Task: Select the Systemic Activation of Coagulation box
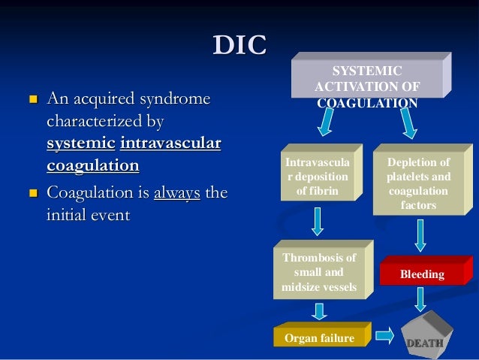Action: [367, 83]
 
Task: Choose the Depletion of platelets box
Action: [417, 181]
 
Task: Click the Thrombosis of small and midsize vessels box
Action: [318, 271]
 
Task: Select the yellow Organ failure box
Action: [319, 338]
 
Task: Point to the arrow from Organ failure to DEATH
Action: [384, 333]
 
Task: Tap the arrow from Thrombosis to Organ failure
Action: [319, 310]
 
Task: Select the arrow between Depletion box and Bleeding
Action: [420, 235]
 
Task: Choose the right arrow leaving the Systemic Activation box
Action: [408, 124]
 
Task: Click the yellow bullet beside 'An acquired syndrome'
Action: [32, 99]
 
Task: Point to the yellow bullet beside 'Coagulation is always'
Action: [32, 194]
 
